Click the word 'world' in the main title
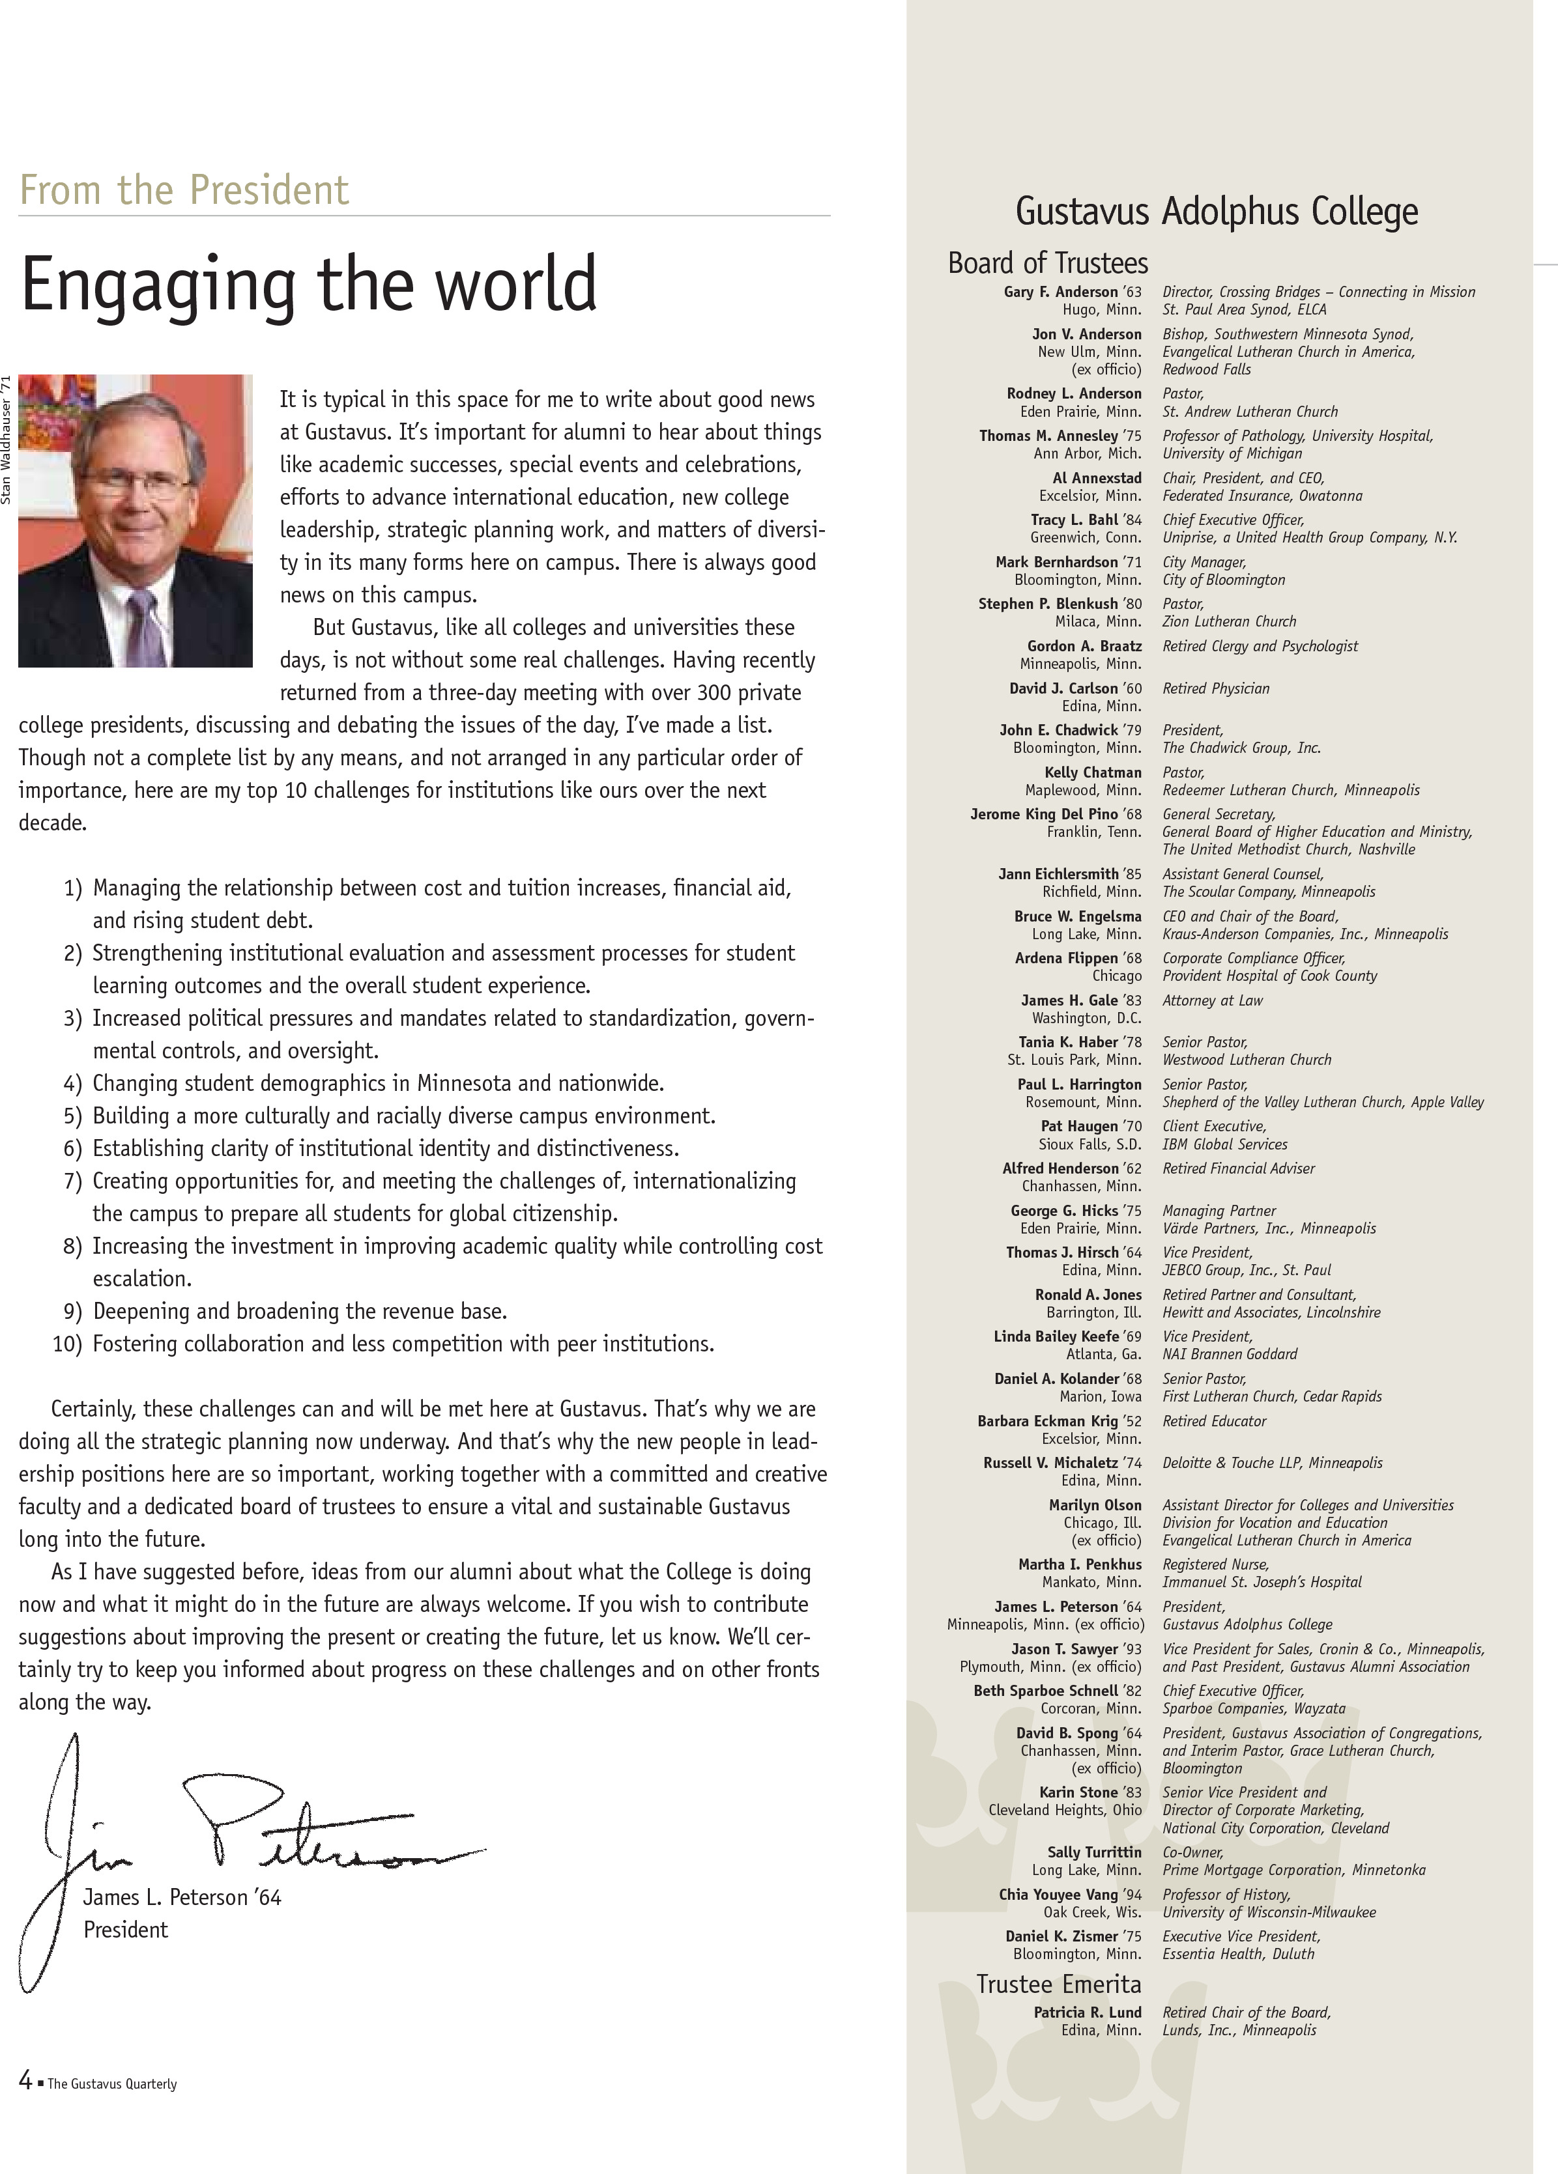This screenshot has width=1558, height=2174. pyautogui.click(x=508, y=284)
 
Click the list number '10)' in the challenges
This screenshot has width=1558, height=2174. pyautogui.click(x=67, y=1344)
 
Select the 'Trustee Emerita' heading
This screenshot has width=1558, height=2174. pyautogui.click(x=1058, y=1984)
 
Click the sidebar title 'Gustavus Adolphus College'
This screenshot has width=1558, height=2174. pyautogui.click(x=1216, y=211)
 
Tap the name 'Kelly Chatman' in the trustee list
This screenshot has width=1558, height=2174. pyautogui.click(x=1093, y=772)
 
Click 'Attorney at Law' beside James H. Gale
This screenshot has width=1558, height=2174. pyautogui.click(x=1212, y=1001)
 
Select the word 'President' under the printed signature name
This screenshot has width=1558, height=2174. pyautogui.click(x=126, y=1930)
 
